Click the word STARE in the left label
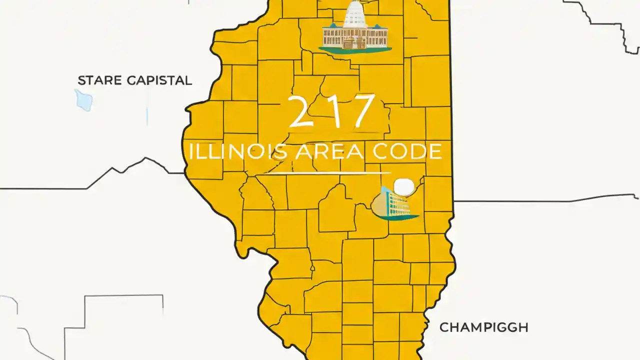tap(96, 80)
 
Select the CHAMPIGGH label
tap(483, 328)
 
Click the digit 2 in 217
tap(299, 112)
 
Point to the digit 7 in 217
tap(361, 112)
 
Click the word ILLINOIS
tap(237, 152)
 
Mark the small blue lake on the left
tap(83, 100)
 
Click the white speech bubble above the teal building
tap(404, 187)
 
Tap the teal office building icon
tap(395, 202)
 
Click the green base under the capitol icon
tap(355, 49)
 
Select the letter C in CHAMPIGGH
tap(444, 328)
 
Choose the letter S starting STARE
tap(81, 80)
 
